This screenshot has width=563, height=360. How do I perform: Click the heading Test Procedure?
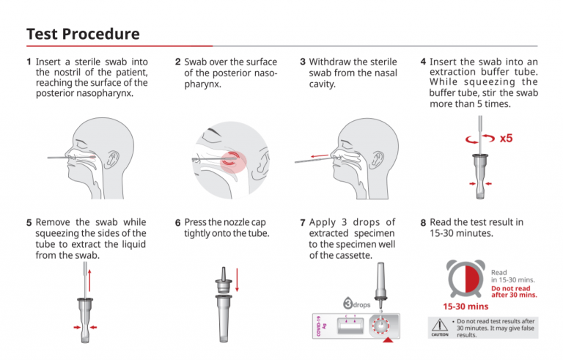point(83,34)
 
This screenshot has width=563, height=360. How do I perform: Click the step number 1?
point(29,62)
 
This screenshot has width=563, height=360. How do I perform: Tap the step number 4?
point(424,62)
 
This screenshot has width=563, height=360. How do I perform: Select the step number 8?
point(424,222)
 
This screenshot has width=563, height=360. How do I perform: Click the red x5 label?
point(506,138)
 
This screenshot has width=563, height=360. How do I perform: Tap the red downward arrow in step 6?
point(238,279)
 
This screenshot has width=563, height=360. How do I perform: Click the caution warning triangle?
point(440,323)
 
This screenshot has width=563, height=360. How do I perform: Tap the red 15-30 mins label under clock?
point(465,306)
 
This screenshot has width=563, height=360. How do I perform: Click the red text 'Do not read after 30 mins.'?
point(513,291)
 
